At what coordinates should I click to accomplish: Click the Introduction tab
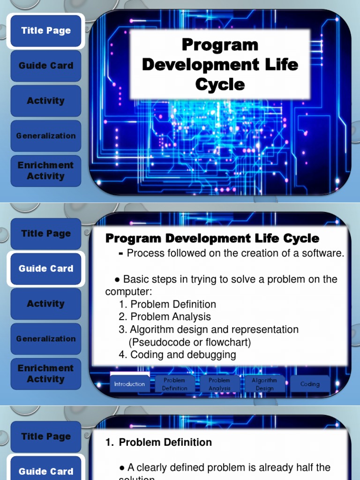129,384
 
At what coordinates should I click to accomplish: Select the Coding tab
310,384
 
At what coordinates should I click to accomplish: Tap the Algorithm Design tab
264,384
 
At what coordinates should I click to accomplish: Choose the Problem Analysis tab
219,384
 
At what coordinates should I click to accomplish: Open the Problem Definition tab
174,384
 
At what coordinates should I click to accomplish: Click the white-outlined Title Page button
46,31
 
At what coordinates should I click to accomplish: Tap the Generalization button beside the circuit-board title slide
46,136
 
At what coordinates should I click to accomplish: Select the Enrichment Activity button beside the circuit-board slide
46,171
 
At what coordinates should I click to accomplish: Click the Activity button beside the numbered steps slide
46,304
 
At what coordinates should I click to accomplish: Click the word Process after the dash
145,254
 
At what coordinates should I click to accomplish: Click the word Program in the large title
220,45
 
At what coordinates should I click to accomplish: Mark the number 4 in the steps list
122,355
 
